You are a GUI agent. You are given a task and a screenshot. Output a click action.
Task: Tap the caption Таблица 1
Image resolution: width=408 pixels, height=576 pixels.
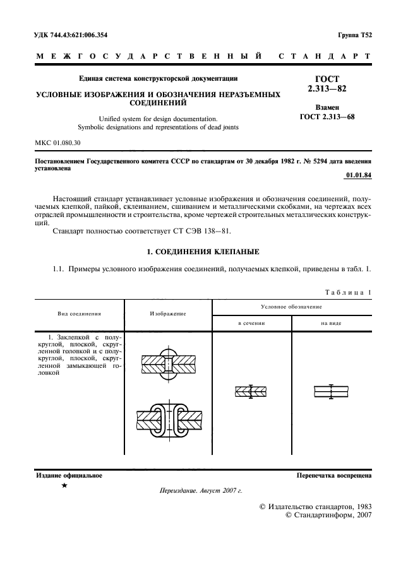347,292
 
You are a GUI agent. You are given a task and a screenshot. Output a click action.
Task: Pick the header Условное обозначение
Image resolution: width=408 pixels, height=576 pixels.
292,306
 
